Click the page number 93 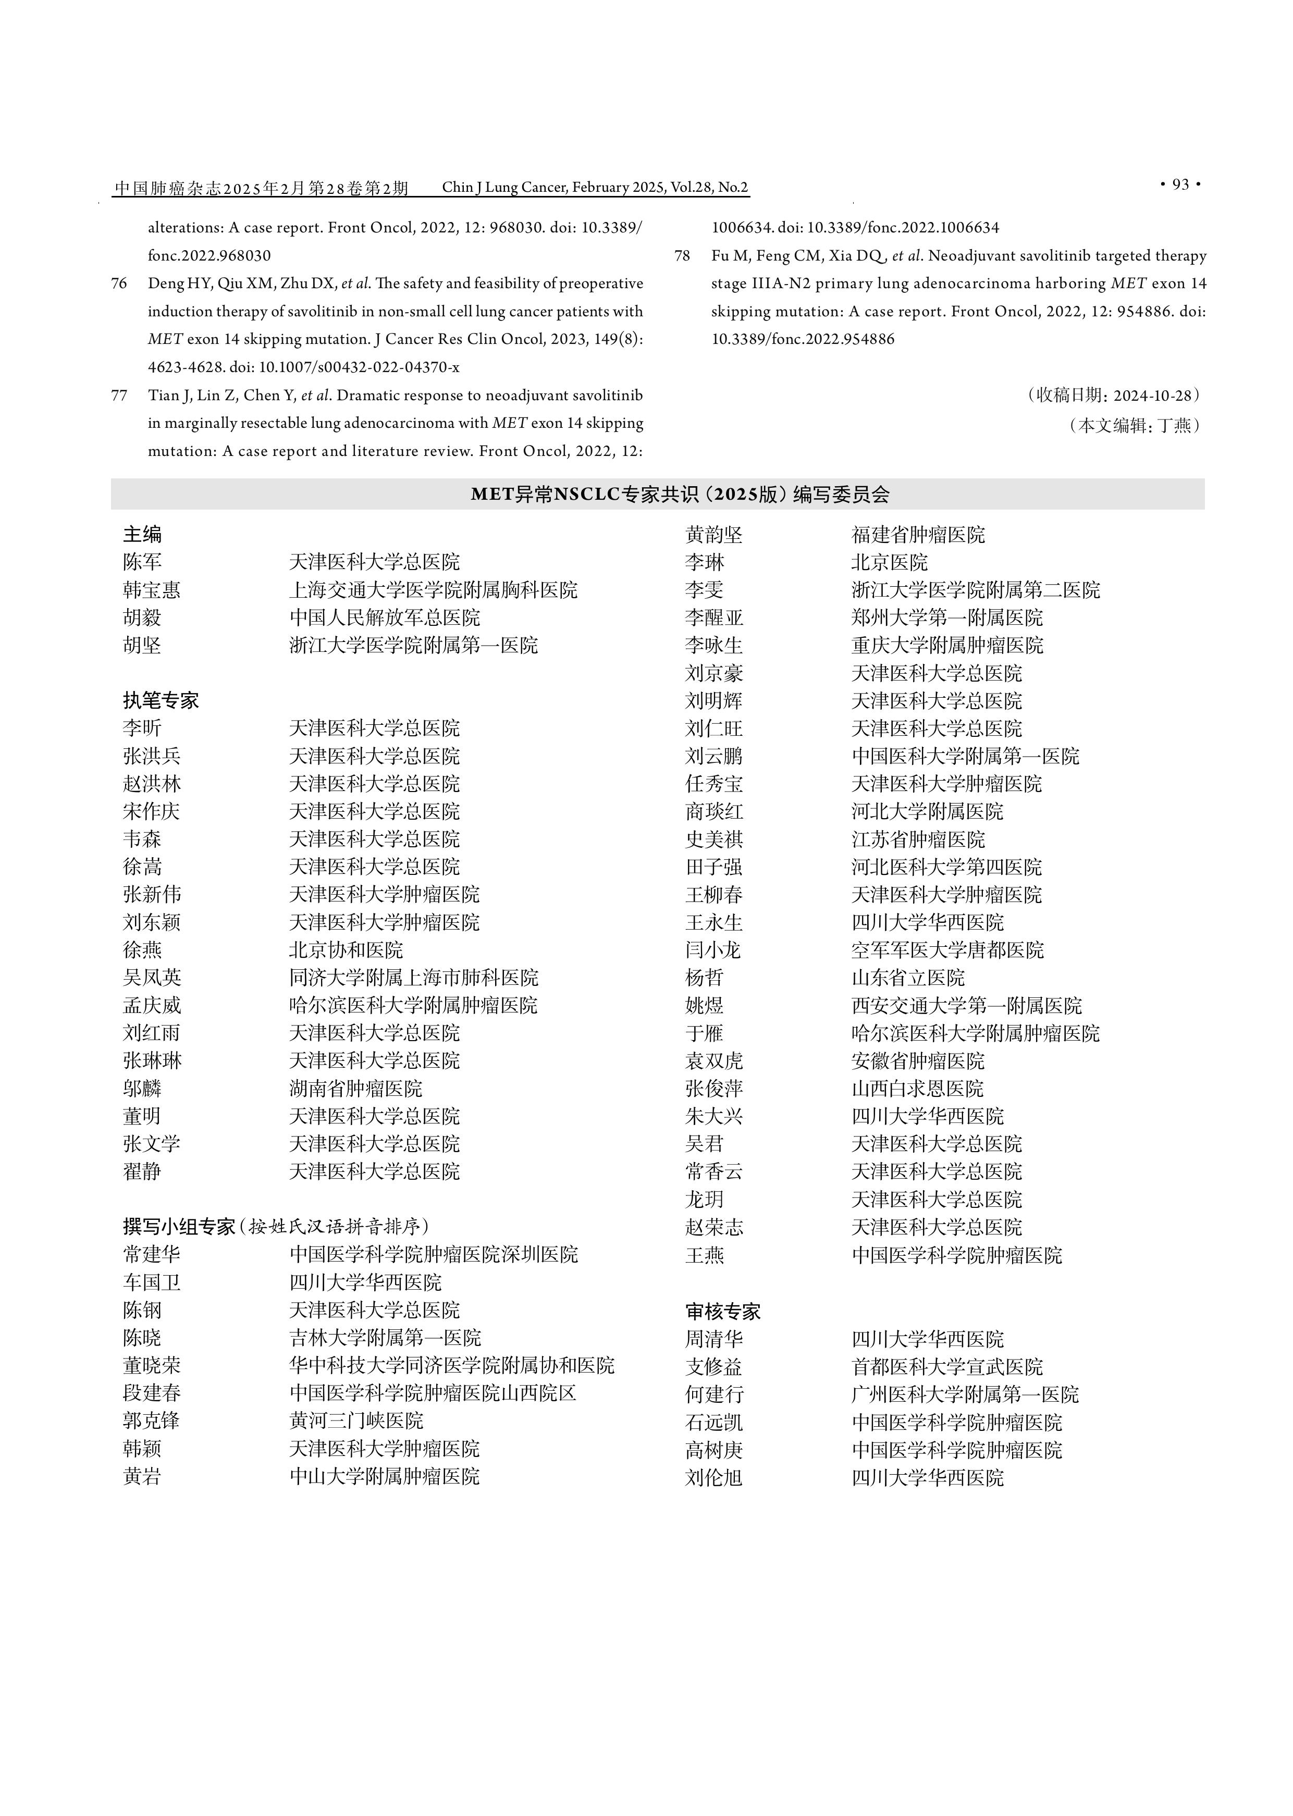(x=1181, y=184)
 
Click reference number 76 (x=119, y=283)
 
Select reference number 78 (x=682, y=255)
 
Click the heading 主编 (x=142, y=534)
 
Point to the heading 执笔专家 (x=161, y=700)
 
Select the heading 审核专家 (x=723, y=1311)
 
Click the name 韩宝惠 (x=152, y=590)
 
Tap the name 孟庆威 (x=152, y=1006)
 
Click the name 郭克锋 (x=152, y=1420)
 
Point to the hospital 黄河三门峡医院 (x=356, y=1420)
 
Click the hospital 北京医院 (x=889, y=563)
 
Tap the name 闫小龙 (x=713, y=950)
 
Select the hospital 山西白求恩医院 (x=917, y=1089)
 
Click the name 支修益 (x=714, y=1367)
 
